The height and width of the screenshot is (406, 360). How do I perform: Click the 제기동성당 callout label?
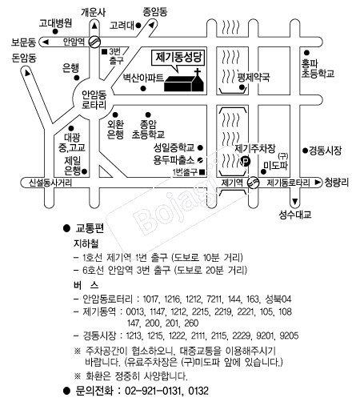click(x=179, y=58)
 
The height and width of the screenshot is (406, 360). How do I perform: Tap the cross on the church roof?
click(x=198, y=72)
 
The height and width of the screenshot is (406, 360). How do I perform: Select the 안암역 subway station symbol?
click(x=94, y=42)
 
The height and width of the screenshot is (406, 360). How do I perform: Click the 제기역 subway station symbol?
click(x=253, y=183)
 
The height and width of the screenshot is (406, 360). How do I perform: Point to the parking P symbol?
click(x=246, y=161)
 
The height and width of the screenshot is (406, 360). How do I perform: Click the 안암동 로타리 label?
click(x=94, y=99)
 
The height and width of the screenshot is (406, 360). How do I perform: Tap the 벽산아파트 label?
click(x=143, y=78)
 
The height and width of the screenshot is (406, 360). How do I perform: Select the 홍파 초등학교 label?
click(x=318, y=68)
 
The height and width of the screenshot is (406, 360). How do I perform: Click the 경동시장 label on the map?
click(x=325, y=151)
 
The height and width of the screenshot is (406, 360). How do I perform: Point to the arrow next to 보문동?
click(x=46, y=42)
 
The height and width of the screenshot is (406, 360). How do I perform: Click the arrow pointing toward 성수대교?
click(x=295, y=201)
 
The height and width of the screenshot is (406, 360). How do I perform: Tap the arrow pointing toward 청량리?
click(x=318, y=183)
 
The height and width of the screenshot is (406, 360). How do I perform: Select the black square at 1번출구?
click(x=202, y=172)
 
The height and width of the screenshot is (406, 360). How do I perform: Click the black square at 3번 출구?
click(x=104, y=51)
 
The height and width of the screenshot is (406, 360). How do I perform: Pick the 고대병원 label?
click(x=55, y=23)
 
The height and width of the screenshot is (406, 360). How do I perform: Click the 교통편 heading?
click(x=90, y=228)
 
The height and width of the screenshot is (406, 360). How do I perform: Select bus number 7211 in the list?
click(x=214, y=299)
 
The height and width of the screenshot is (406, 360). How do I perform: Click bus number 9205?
click(x=289, y=336)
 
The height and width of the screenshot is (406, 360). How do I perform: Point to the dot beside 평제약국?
click(x=242, y=87)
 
